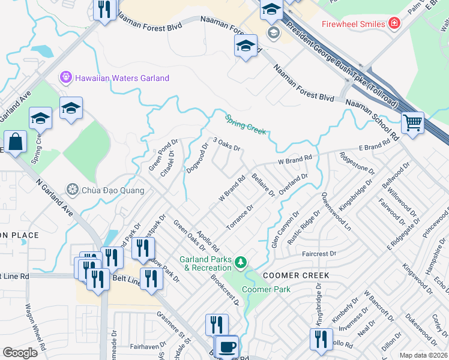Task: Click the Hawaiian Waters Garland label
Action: (x=121, y=78)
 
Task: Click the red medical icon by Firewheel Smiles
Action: (x=394, y=23)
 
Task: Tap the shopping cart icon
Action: (x=412, y=123)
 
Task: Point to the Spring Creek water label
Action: (x=245, y=125)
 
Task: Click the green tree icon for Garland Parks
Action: (x=241, y=262)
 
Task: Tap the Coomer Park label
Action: (x=266, y=289)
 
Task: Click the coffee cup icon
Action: (x=227, y=347)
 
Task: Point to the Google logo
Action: (x=20, y=353)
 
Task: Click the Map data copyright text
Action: (x=424, y=355)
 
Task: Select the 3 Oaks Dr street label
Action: (x=226, y=144)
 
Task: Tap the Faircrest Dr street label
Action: (x=319, y=254)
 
